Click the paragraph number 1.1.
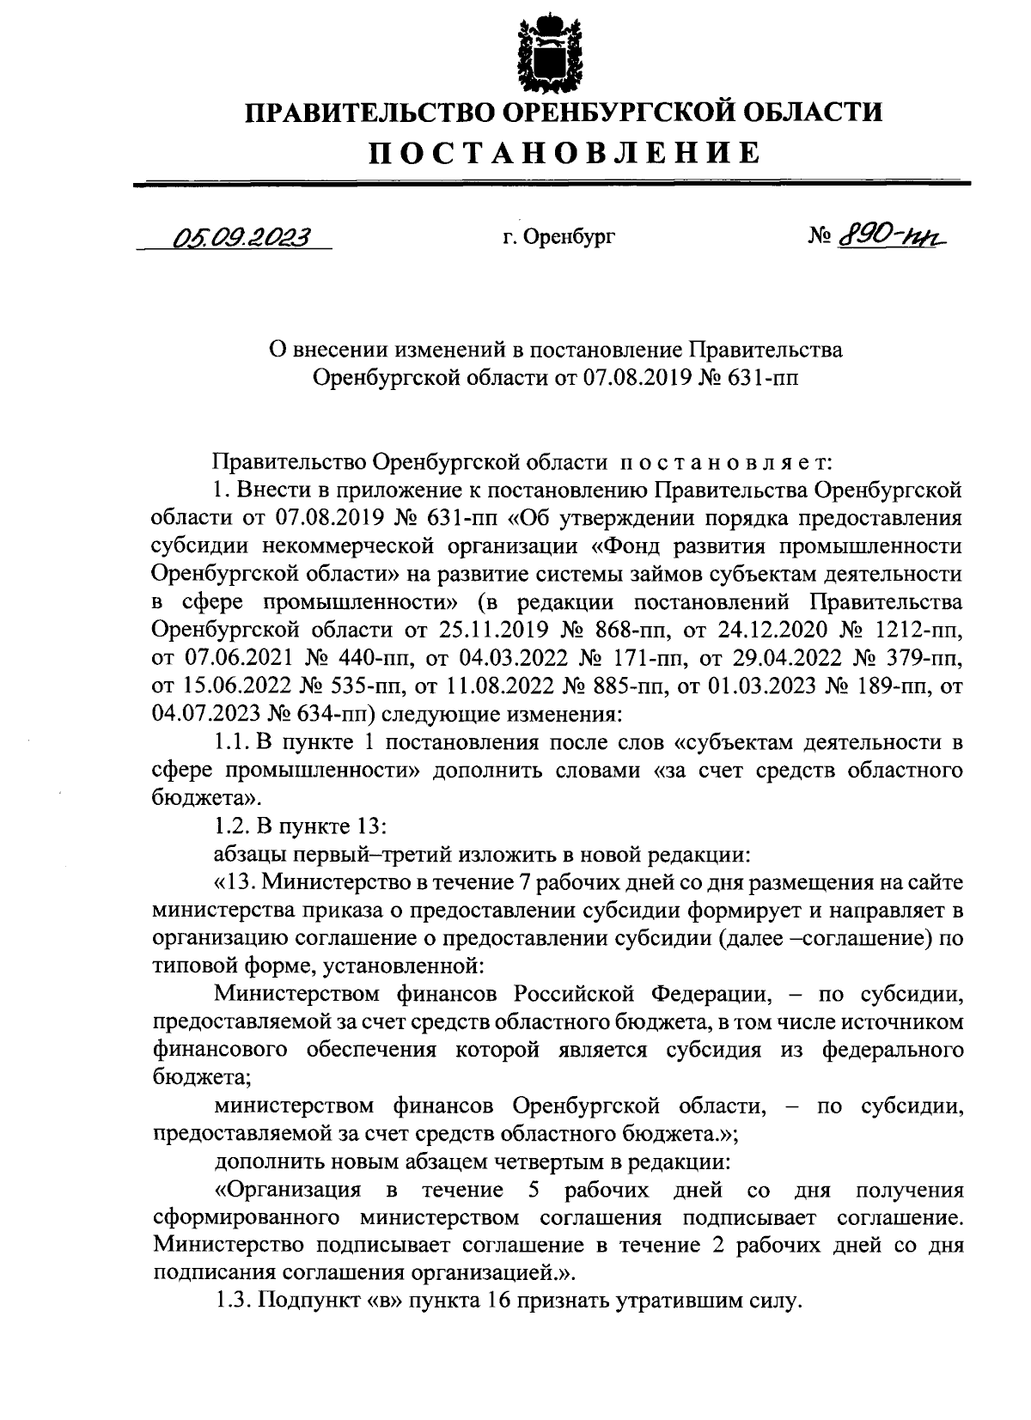coord(231,741)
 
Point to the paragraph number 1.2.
coord(231,826)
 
